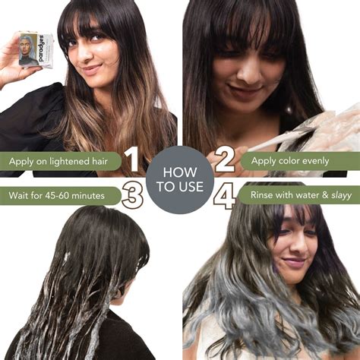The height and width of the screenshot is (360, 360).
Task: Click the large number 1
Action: (131, 161)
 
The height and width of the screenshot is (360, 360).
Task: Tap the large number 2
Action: (225, 160)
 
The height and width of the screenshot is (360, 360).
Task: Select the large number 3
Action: (132, 196)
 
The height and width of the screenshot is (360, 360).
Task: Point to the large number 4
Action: (225, 197)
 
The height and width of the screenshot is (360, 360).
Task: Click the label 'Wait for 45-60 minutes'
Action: (57, 196)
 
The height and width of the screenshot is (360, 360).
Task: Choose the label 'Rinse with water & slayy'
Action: (296, 196)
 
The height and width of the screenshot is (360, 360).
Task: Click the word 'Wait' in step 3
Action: (21, 196)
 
